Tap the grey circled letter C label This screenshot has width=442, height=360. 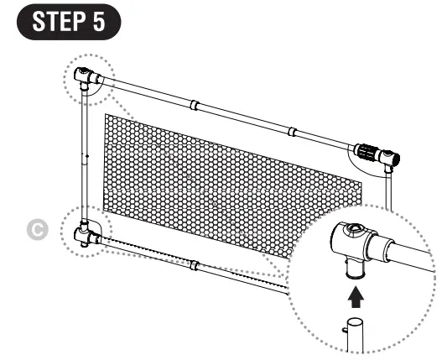click(57, 228)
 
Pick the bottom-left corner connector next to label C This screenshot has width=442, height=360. click(86, 232)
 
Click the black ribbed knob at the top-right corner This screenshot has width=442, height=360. click(367, 154)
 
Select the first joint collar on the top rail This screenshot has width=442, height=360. click(193, 107)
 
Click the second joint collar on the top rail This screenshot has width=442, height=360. click(291, 133)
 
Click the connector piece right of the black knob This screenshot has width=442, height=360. click(389, 158)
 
